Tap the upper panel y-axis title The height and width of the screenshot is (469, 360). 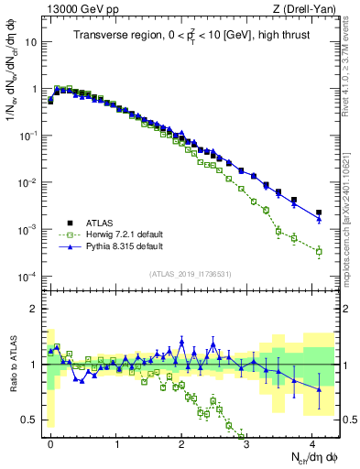pos(13,92)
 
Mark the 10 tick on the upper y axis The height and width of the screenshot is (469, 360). pos(30,42)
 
